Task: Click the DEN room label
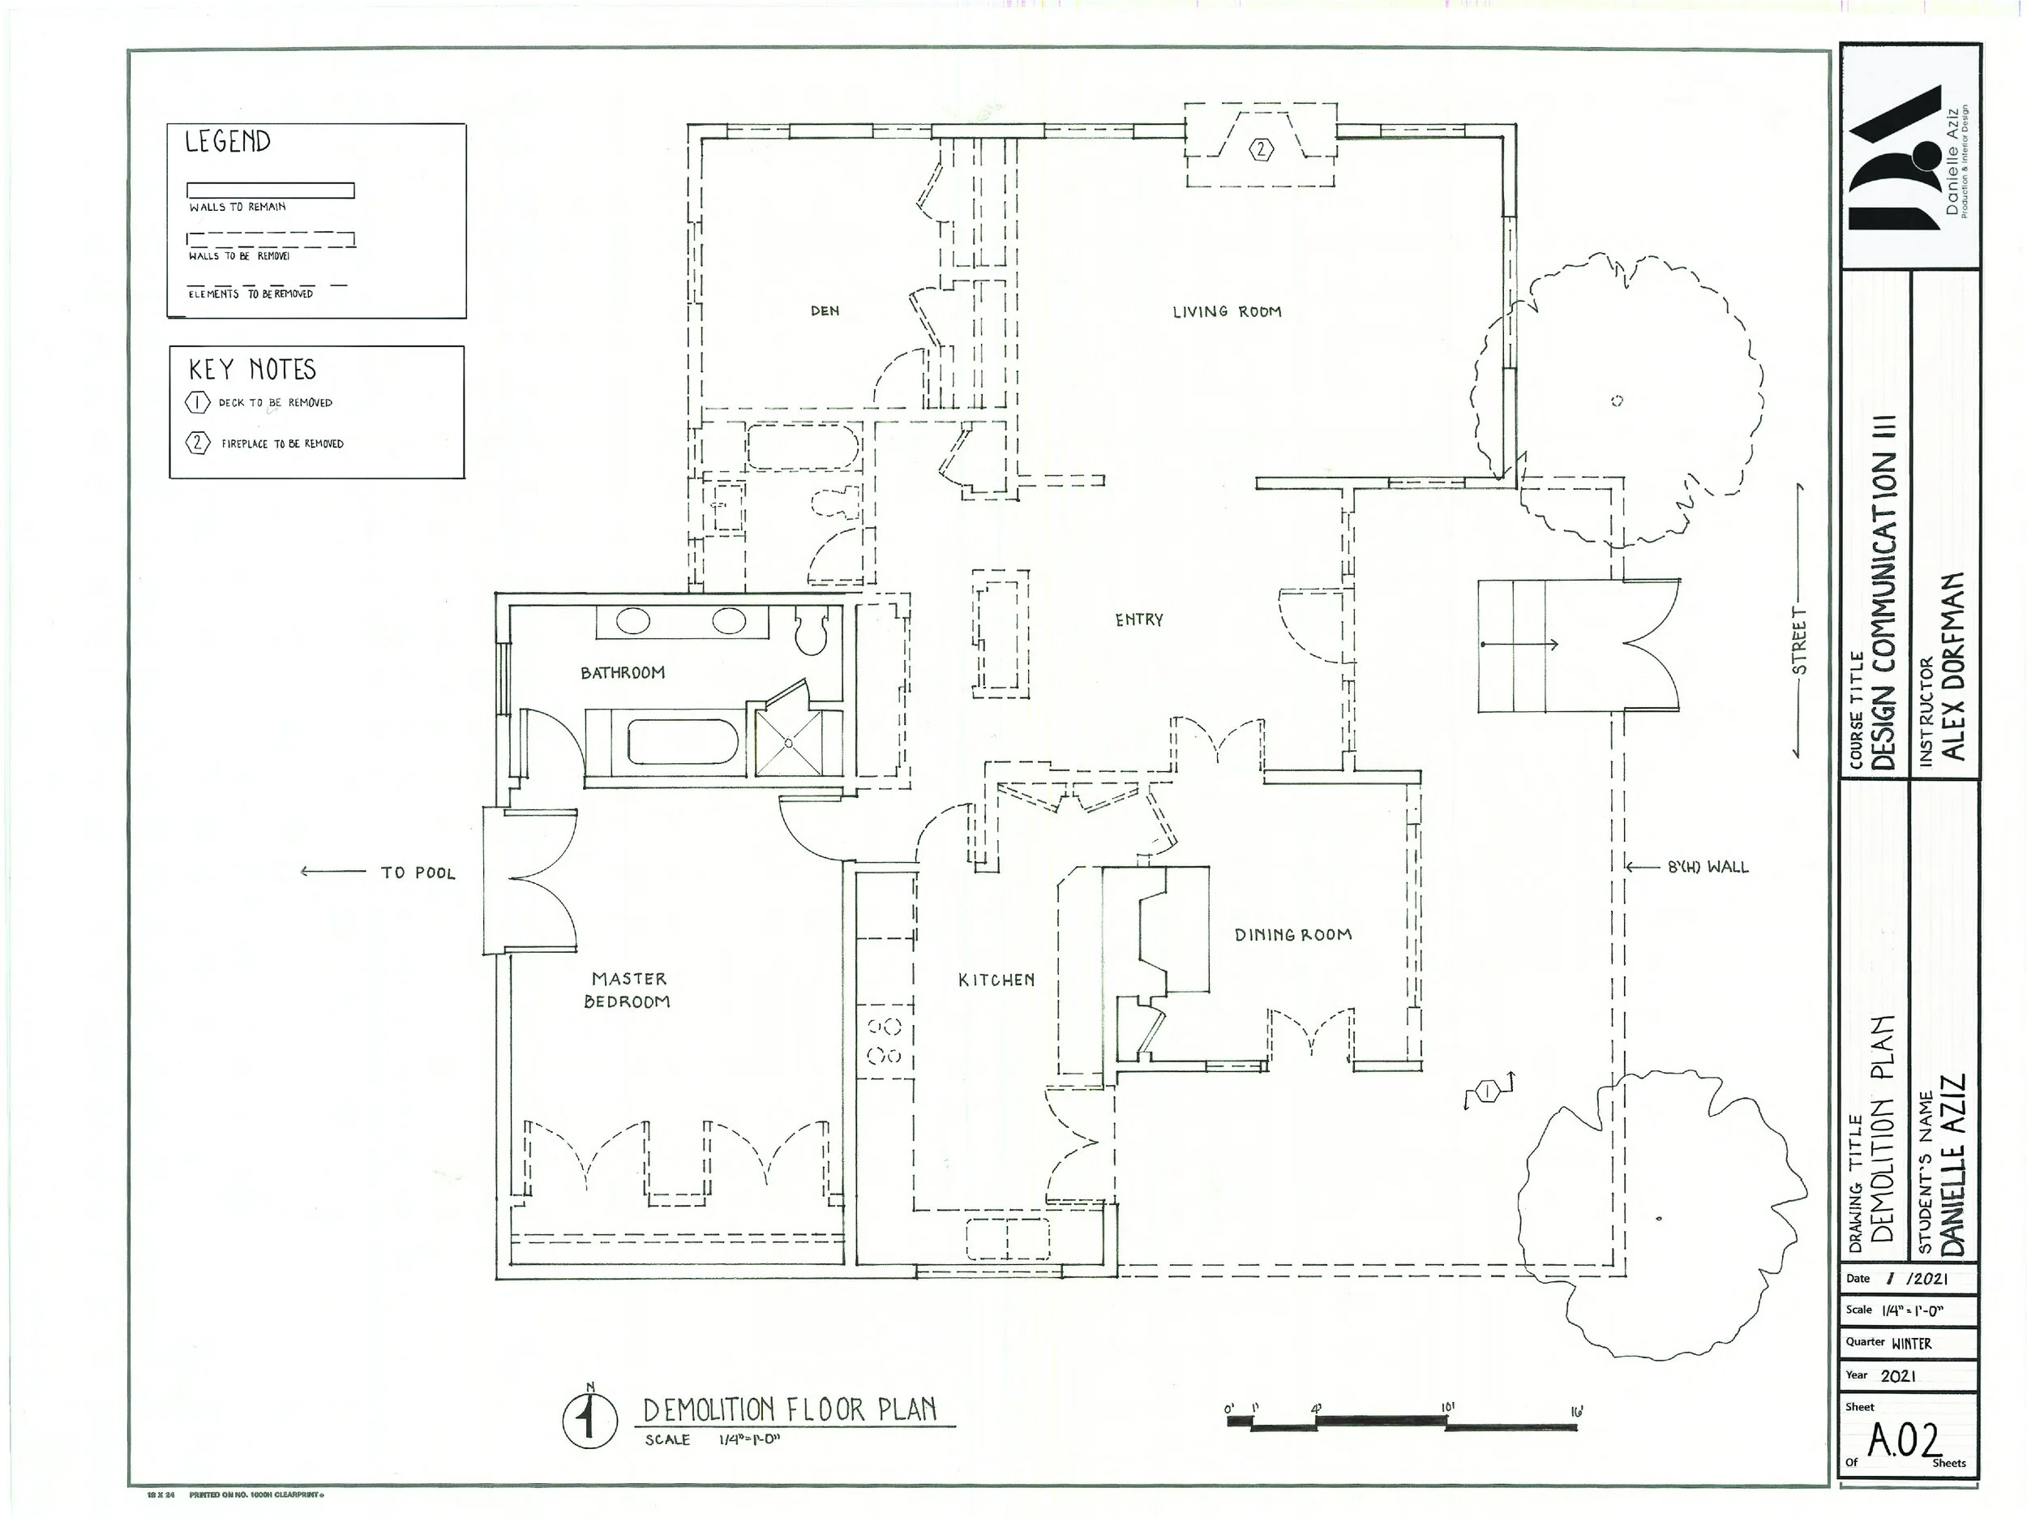coord(825,311)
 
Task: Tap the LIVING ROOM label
coord(1227,311)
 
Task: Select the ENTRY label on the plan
coord(1139,620)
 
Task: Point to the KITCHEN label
coord(996,980)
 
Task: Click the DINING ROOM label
coord(1293,935)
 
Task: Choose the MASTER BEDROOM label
coord(628,990)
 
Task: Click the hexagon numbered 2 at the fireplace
coord(1262,149)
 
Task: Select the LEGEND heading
coord(227,141)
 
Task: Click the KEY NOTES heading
coord(252,370)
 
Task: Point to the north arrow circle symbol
coord(589,1420)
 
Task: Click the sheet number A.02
coord(1905,1440)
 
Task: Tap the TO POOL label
coord(418,873)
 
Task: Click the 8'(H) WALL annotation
coord(1708,866)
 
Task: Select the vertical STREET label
coord(1800,641)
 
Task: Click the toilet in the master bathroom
coord(811,631)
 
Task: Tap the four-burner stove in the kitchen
coord(885,1041)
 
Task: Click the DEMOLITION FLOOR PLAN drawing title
coord(790,1410)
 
